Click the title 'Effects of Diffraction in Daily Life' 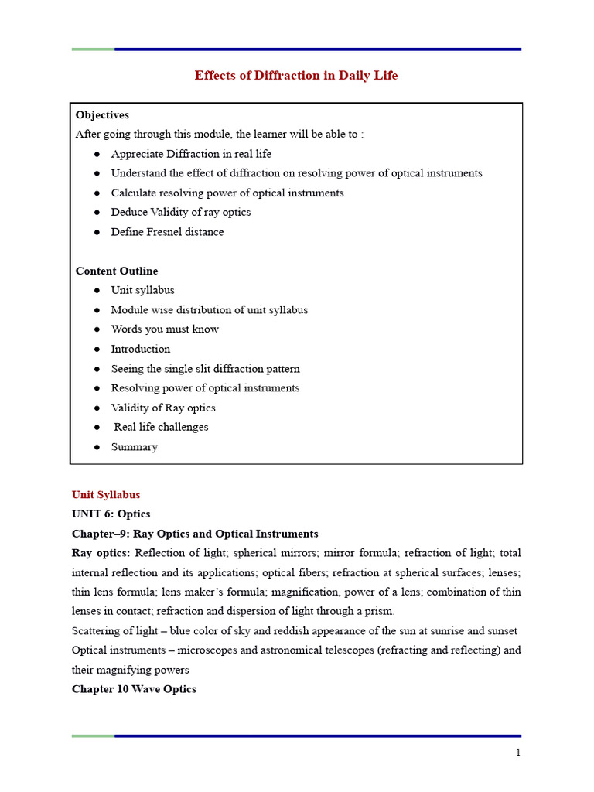pyautogui.click(x=296, y=76)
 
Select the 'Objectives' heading pyautogui.click(x=102, y=114)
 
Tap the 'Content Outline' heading pyautogui.click(x=116, y=271)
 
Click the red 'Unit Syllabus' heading pyautogui.click(x=106, y=494)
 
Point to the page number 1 pyautogui.click(x=518, y=753)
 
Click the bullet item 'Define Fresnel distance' pyautogui.click(x=167, y=232)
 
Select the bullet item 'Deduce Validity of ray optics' pyautogui.click(x=180, y=212)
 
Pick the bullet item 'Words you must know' pyautogui.click(x=165, y=329)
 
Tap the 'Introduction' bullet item pyautogui.click(x=140, y=349)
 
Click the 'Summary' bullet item pyautogui.click(x=134, y=447)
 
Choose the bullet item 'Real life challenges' pyautogui.click(x=161, y=427)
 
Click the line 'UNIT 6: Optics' pyautogui.click(x=111, y=514)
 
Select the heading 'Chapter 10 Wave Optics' pyautogui.click(x=134, y=688)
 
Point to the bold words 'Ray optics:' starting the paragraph pyautogui.click(x=101, y=553)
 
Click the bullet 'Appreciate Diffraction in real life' pyautogui.click(x=191, y=154)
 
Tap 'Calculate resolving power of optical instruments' pyautogui.click(x=227, y=193)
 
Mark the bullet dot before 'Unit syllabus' pyautogui.click(x=97, y=291)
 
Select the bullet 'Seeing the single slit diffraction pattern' pyautogui.click(x=205, y=369)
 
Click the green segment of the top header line pyautogui.click(x=93, y=49)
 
